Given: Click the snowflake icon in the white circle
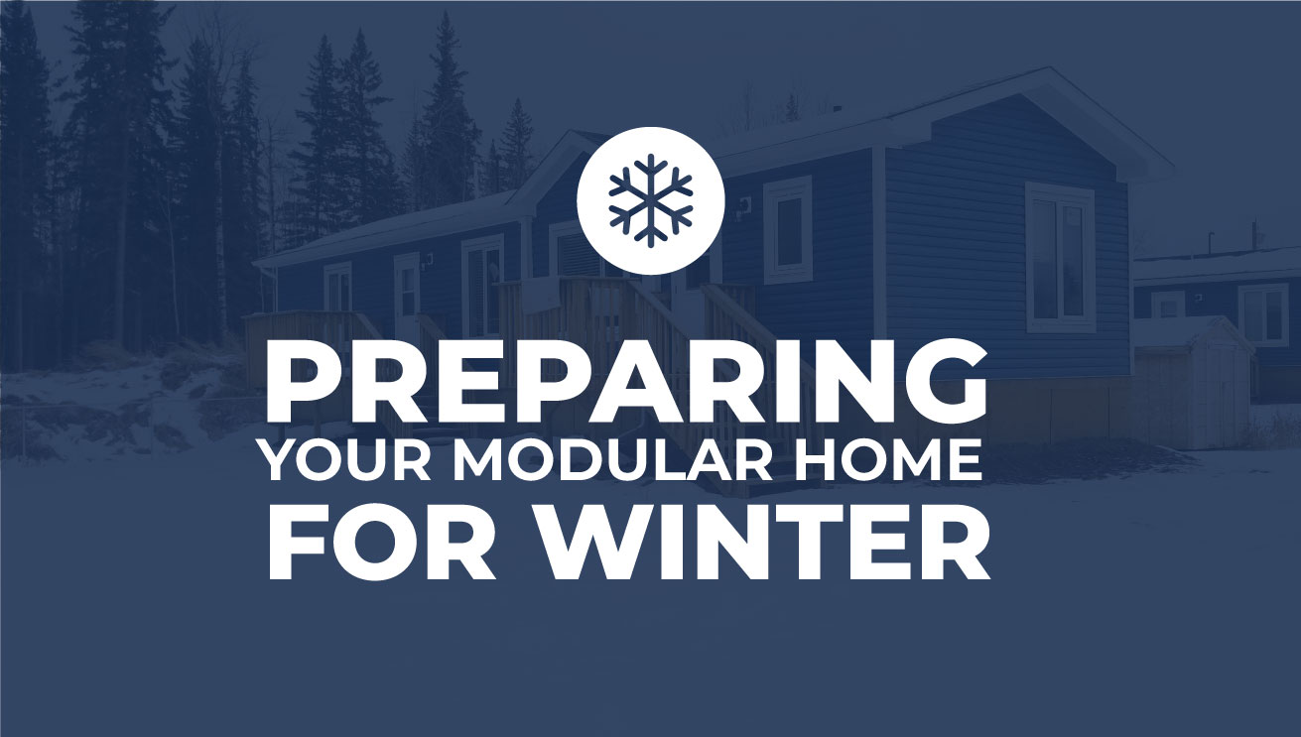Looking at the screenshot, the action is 651,200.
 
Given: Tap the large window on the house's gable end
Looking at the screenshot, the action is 1060,257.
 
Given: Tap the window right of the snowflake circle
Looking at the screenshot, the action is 787,229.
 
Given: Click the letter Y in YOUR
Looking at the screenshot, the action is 283,461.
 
